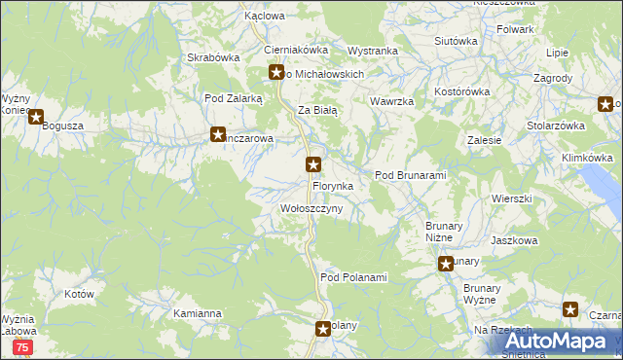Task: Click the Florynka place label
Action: pyautogui.click(x=339, y=185)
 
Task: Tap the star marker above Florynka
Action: pyautogui.click(x=313, y=164)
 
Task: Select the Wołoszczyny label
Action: pyautogui.click(x=311, y=209)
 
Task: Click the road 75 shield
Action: pyautogui.click(x=22, y=346)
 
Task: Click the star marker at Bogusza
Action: pyautogui.click(x=36, y=119)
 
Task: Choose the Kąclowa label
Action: pyautogui.click(x=265, y=17)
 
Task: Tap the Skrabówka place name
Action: pyautogui.click(x=213, y=57)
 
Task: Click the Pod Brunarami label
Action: pyautogui.click(x=410, y=175)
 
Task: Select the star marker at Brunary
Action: pyautogui.click(x=446, y=264)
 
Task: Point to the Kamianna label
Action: pyautogui.click(x=198, y=314)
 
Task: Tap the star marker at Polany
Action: pyautogui.click(x=323, y=330)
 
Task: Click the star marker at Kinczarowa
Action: pyautogui.click(x=218, y=135)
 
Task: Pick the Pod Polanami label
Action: pyautogui.click(x=353, y=278)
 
